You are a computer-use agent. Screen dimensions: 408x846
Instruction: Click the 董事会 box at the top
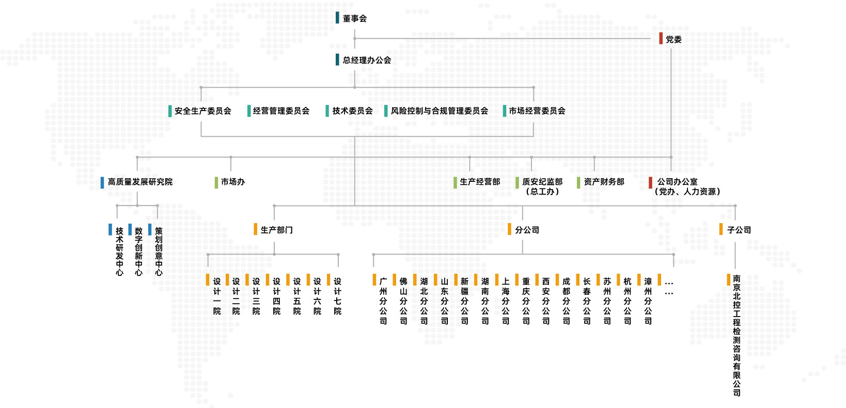[354, 19]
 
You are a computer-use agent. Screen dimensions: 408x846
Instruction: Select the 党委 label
[673, 39]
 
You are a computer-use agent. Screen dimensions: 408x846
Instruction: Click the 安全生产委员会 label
[202, 111]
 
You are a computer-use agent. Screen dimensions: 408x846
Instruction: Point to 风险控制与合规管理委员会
[439, 111]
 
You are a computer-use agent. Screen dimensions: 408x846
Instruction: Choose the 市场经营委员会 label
[537, 111]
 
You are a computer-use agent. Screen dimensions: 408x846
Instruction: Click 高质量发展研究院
[140, 182]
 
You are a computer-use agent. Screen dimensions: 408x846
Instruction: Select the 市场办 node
[232, 182]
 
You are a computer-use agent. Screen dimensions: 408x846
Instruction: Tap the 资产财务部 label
[604, 182]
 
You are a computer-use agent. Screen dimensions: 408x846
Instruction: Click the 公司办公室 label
[677, 182]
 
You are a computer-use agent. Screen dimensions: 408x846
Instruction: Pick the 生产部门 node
[276, 230]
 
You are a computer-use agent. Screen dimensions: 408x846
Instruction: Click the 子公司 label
[739, 230]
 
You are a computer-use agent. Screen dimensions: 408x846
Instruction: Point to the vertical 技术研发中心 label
[119, 251]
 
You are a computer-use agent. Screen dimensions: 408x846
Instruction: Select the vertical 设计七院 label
[337, 296]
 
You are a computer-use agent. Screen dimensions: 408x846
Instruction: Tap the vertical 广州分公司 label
[383, 301]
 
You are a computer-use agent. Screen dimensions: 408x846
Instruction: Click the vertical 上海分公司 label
[506, 301]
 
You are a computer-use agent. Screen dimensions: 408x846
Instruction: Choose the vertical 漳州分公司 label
[648, 301]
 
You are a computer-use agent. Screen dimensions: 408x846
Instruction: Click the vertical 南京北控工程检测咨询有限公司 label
[737, 336]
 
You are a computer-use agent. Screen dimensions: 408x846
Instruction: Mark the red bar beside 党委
[661, 39]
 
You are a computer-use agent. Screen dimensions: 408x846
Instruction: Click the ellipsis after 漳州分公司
[669, 287]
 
